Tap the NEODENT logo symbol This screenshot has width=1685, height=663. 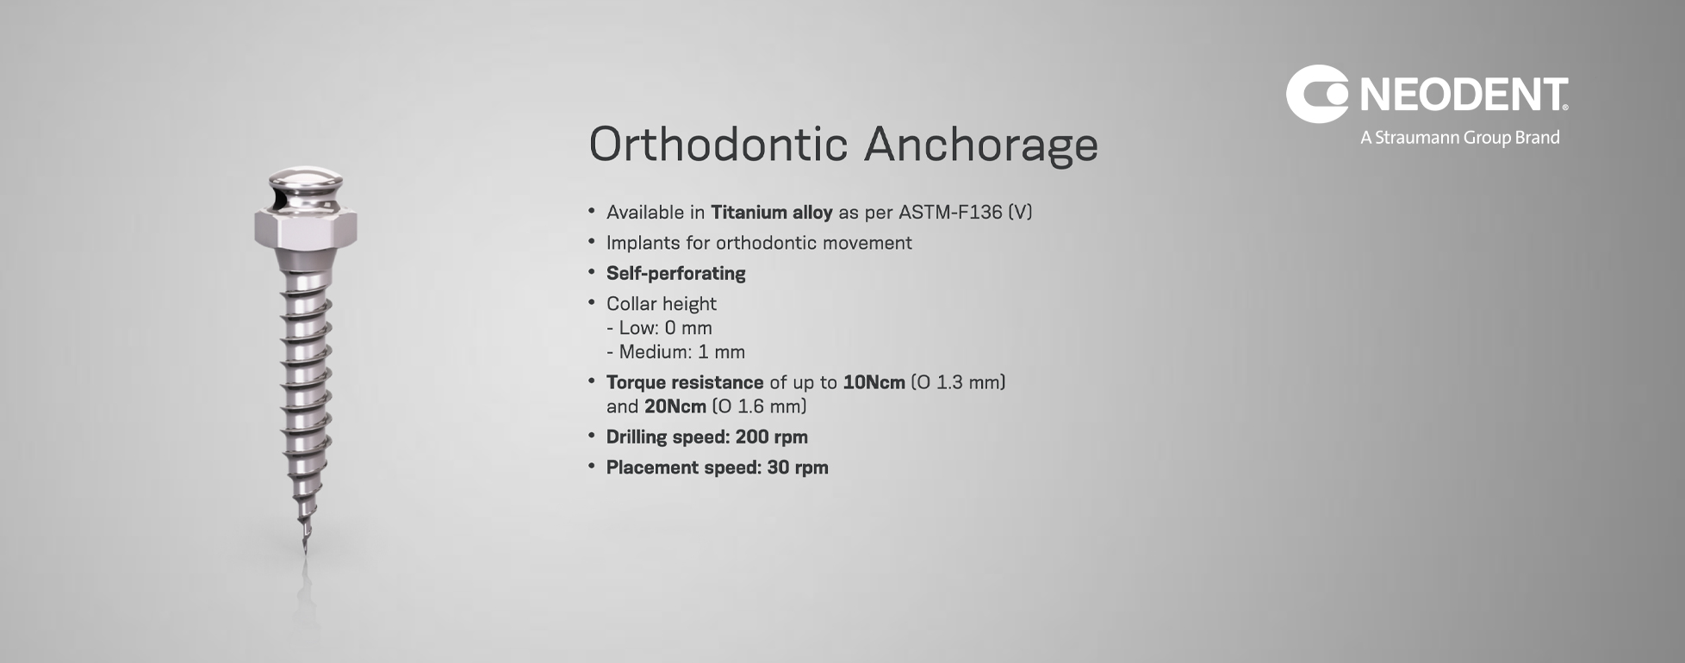[x=1317, y=94]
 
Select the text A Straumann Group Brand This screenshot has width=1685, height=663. [x=1460, y=138]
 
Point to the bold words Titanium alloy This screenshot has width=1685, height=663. [x=771, y=212]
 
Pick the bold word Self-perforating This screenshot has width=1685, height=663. [x=676, y=274]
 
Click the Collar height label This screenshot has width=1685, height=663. [x=662, y=304]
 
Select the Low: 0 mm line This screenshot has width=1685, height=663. [x=659, y=328]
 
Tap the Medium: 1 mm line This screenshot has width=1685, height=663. [x=675, y=352]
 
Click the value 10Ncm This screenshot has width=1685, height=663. [x=874, y=382]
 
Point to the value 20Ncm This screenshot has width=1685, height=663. [x=675, y=406]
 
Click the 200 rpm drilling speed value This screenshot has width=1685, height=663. [x=772, y=437]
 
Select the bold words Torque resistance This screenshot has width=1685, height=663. [x=685, y=382]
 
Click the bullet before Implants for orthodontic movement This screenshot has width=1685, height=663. [x=592, y=242]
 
